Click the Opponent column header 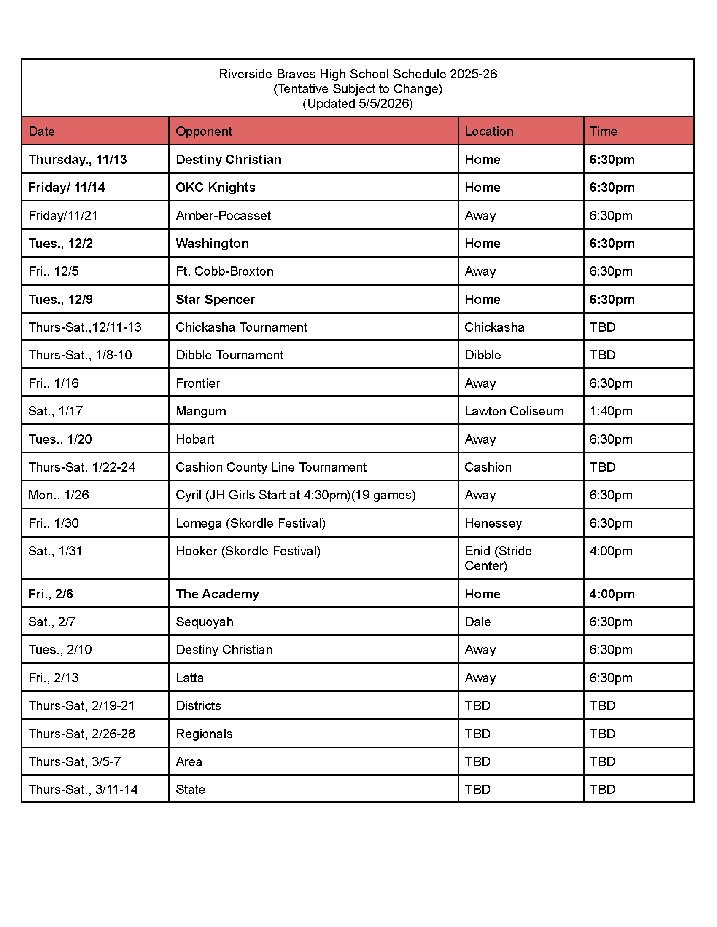(204, 131)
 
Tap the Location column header (489, 131)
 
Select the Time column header (603, 131)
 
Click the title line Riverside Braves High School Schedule (358, 74)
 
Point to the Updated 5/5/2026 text (358, 104)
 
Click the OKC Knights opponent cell (216, 187)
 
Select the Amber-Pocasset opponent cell (224, 216)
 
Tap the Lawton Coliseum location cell (514, 411)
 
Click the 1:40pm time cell (611, 411)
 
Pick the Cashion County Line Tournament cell (271, 467)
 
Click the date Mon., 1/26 (59, 495)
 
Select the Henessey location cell (493, 523)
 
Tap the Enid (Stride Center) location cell (498, 558)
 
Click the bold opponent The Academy (218, 594)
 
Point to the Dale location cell (478, 622)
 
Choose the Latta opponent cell (190, 678)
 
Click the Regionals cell (204, 734)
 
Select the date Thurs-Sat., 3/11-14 (83, 790)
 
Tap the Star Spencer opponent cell (216, 299)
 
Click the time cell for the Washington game (612, 243)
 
